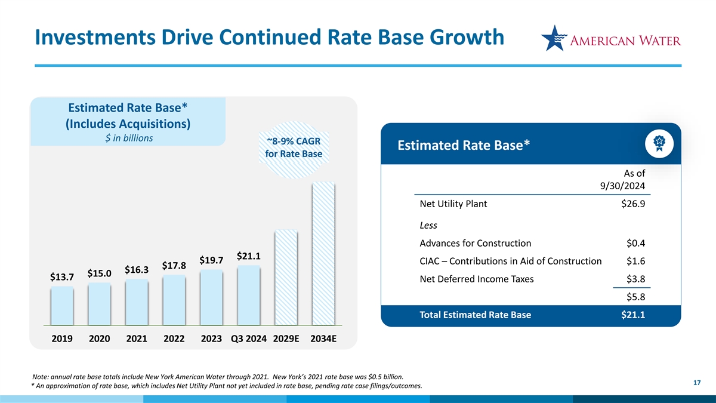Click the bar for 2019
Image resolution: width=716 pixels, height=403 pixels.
[62, 306]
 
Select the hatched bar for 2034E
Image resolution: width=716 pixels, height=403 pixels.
[323, 254]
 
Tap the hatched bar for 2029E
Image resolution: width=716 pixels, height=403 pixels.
[286, 278]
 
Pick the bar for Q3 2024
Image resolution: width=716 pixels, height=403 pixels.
[249, 295]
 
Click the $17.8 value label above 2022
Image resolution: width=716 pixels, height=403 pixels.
[174, 266]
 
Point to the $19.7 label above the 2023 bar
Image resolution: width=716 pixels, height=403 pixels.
[211, 260]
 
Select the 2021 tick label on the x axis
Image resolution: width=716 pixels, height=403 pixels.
[137, 339]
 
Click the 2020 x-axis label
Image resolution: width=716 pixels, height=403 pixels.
[100, 339]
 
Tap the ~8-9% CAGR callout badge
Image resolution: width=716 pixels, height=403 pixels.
[294, 150]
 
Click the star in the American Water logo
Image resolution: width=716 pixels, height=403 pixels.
[554, 38]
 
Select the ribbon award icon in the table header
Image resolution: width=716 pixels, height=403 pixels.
[659, 144]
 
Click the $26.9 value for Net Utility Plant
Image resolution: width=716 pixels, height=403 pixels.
[633, 204]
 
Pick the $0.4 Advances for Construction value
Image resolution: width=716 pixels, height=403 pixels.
[635, 243]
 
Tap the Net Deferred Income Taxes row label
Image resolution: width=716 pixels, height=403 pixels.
[477, 279]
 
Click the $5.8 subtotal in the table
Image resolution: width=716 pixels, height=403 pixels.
[635, 297]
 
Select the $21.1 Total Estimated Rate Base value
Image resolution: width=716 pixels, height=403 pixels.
[633, 315]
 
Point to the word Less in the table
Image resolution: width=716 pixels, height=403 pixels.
[428, 225]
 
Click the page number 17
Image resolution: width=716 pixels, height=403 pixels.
[697, 383]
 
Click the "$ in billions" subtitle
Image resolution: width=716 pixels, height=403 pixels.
[129, 138]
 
